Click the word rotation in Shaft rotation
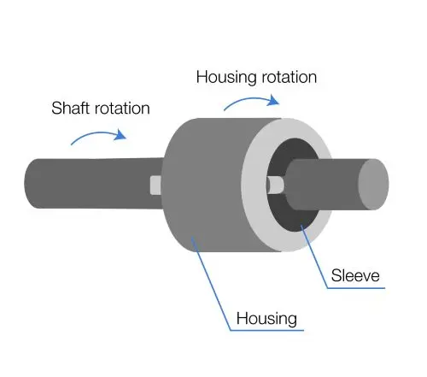click(122, 109)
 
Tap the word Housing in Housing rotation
click(226, 78)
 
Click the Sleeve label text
click(355, 275)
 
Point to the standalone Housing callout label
click(266, 319)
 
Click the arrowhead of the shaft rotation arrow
click(120, 134)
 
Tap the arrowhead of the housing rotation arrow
click(273, 100)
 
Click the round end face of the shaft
click(373, 185)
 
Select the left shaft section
click(94, 183)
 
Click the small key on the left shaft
click(155, 186)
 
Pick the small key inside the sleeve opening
click(275, 185)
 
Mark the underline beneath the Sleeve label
click(356, 288)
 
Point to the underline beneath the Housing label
click(267, 330)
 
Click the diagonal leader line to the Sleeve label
click(314, 256)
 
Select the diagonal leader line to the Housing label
click(211, 283)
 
